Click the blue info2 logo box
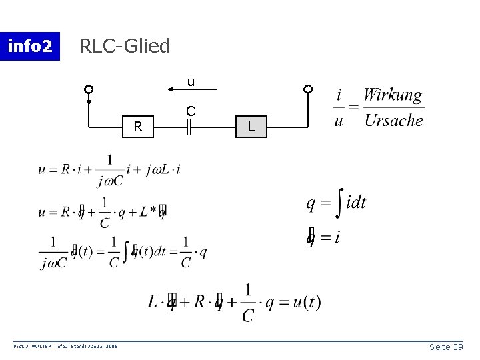[x=30, y=46]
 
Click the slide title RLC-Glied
[x=125, y=46]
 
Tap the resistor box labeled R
[x=138, y=125]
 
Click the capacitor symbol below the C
[x=190, y=126]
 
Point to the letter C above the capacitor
[x=190, y=110]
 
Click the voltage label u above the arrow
[x=191, y=82]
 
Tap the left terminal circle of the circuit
[x=89, y=89]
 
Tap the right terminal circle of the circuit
[x=307, y=89]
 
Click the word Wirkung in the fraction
[x=393, y=95]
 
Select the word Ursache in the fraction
[x=393, y=121]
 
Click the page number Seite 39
[x=447, y=347]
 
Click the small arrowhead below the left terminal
[x=89, y=103]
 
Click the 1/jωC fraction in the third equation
[x=53, y=251]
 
